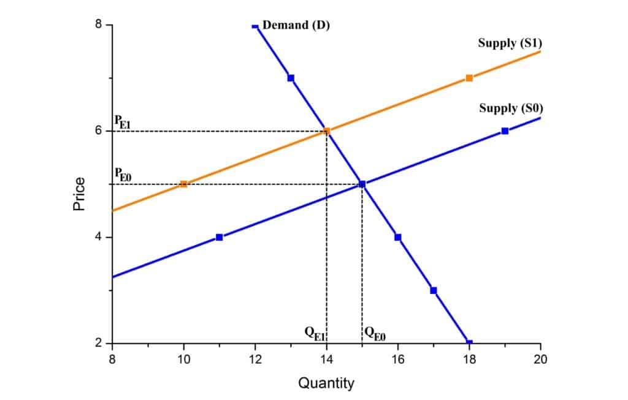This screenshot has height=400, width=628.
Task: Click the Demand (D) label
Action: [296, 26]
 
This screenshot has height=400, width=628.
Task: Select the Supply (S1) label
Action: [509, 43]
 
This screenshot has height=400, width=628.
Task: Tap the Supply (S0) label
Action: [510, 108]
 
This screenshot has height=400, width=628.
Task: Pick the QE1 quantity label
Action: [314, 333]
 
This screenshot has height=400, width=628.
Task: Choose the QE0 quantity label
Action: [375, 333]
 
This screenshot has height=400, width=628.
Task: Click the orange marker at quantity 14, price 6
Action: [327, 131]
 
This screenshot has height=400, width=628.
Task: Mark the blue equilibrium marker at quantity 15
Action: [362, 184]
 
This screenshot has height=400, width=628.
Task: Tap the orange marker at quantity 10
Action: [183, 184]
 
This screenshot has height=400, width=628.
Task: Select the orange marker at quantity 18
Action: [469, 78]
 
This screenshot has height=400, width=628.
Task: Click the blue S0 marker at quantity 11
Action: [220, 237]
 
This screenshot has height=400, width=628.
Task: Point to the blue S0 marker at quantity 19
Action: [505, 131]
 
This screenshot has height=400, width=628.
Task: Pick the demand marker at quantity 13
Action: [291, 78]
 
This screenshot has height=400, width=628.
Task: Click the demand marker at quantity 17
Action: [434, 290]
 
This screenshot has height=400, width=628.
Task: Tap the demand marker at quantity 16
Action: [398, 237]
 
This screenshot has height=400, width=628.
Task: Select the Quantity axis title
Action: [326, 383]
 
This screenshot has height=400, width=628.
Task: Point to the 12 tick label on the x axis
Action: [255, 359]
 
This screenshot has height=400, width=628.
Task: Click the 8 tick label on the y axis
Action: [98, 25]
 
